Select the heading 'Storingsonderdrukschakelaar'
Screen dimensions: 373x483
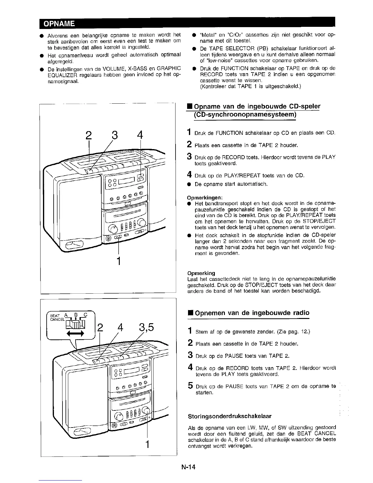(x=230, y=416)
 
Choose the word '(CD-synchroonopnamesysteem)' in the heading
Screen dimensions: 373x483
(x=245, y=115)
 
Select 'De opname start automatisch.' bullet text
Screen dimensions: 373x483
(x=231, y=184)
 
